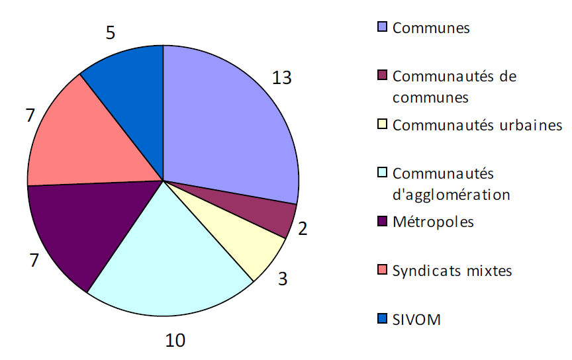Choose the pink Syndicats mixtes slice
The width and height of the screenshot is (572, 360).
(79, 142)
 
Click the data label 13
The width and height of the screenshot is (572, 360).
(281, 77)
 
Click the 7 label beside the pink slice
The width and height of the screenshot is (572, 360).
(30, 114)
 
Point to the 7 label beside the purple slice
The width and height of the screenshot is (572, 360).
(32, 260)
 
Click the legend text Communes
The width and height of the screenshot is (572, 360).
(431, 28)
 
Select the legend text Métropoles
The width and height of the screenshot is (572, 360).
(433, 221)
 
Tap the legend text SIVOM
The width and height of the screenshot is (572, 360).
(416, 320)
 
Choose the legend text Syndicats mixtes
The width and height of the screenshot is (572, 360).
(452, 271)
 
